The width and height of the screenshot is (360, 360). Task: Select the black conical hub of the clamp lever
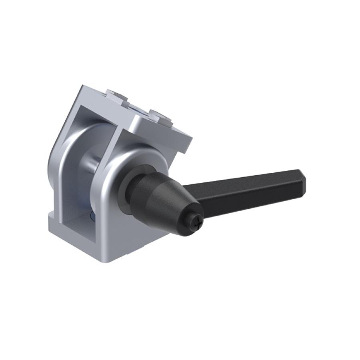coord(164,196)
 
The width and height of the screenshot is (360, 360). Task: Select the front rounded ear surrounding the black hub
coord(120,168)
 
